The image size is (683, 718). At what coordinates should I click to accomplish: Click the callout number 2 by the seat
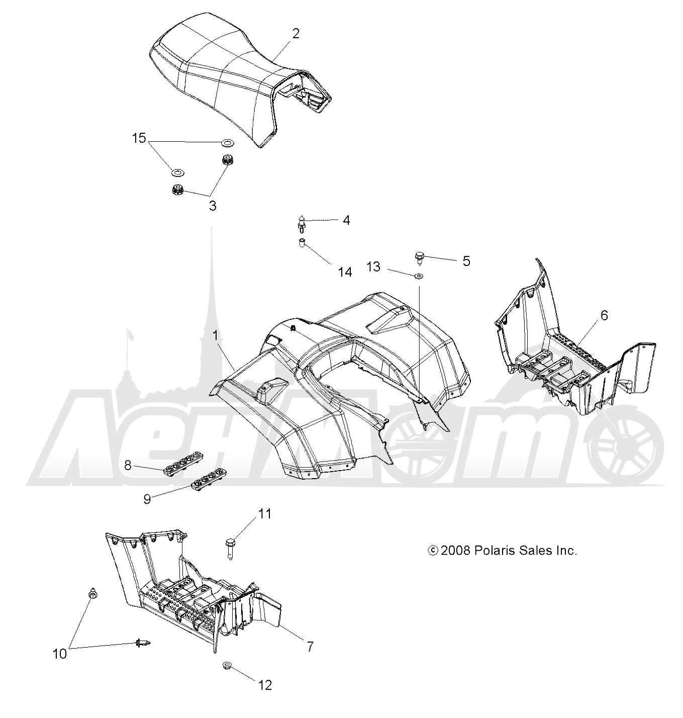click(296, 34)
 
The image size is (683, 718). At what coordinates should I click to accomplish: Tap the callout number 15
click(139, 138)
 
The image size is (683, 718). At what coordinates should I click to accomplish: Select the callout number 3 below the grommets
click(213, 206)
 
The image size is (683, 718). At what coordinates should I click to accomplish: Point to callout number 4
click(346, 220)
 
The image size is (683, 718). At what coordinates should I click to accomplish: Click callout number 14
click(345, 272)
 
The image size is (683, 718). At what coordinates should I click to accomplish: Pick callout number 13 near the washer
click(373, 266)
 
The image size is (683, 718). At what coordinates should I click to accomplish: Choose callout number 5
click(466, 261)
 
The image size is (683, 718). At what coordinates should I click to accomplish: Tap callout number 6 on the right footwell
click(604, 315)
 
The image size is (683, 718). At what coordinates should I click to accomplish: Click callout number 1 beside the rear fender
click(216, 335)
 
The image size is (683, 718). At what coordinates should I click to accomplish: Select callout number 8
click(127, 465)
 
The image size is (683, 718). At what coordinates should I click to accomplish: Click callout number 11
click(265, 514)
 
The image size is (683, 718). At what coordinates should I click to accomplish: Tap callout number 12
click(265, 685)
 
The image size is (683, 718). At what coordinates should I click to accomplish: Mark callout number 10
click(60, 654)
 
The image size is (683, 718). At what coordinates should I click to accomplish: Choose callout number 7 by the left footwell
click(310, 647)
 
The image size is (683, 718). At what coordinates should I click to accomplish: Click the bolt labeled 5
click(420, 259)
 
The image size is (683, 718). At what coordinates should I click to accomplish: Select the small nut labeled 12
click(226, 665)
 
